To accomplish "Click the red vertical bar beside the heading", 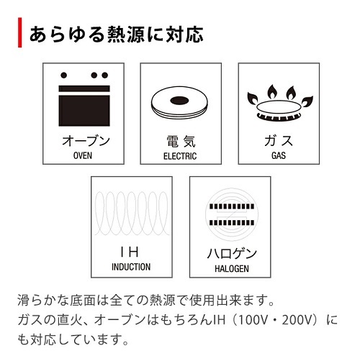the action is pyautogui.click(x=20, y=32).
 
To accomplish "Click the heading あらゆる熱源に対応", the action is pyautogui.click(x=117, y=35).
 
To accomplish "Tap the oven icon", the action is pyautogui.click(x=84, y=99).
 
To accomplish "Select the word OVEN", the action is pyautogui.click(x=83, y=155).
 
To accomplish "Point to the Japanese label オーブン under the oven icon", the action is pyautogui.click(x=86, y=141).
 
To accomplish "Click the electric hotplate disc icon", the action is pyautogui.click(x=179, y=102).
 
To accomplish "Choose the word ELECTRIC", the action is pyautogui.click(x=180, y=156).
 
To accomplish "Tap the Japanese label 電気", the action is pyautogui.click(x=181, y=141).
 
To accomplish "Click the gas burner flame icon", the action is pyautogui.click(x=280, y=103).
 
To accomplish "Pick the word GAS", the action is pyautogui.click(x=279, y=155).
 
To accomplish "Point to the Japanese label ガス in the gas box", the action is pyautogui.click(x=279, y=141).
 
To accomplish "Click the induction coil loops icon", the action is pyautogui.click(x=131, y=214).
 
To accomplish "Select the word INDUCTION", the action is pyautogui.click(x=131, y=267).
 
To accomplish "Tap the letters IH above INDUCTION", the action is pyautogui.click(x=130, y=252).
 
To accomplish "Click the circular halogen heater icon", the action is pyautogui.click(x=232, y=214).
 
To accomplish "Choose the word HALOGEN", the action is pyautogui.click(x=232, y=268).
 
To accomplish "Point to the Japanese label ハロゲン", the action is pyautogui.click(x=232, y=254).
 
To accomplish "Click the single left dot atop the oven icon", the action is pyautogui.click(x=63, y=75).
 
